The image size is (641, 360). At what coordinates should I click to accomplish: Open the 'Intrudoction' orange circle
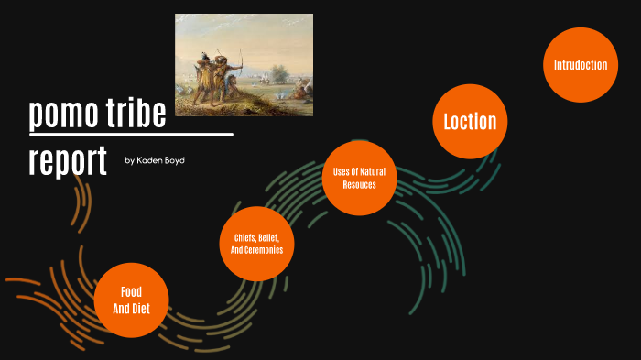pyautogui.click(x=581, y=65)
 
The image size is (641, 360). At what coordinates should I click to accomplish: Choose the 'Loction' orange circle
pyautogui.click(x=470, y=121)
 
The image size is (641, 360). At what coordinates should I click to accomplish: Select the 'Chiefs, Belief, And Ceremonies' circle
pyautogui.click(x=256, y=244)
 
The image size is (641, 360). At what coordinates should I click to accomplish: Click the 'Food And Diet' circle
pyautogui.click(x=131, y=300)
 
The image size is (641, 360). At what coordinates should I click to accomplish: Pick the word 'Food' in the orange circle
pyautogui.click(x=131, y=291)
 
